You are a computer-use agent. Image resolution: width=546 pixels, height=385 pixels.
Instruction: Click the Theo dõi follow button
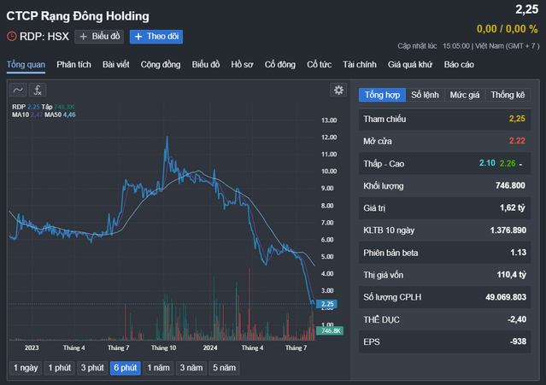(156, 37)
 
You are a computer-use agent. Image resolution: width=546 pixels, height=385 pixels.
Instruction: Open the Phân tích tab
(74, 64)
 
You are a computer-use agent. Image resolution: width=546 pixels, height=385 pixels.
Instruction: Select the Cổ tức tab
(319, 64)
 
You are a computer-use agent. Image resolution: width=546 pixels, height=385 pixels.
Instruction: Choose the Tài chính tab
(359, 64)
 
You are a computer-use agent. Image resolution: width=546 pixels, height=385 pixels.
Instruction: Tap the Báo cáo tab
(459, 64)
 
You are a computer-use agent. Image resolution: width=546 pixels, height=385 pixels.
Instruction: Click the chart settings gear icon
(338, 90)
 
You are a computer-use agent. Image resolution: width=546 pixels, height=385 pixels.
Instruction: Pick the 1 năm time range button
(158, 368)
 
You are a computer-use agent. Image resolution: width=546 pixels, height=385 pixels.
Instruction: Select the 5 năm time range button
(223, 368)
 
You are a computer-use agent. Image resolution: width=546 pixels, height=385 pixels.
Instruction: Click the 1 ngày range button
(26, 368)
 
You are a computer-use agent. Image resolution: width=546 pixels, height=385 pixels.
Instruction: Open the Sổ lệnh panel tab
(426, 95)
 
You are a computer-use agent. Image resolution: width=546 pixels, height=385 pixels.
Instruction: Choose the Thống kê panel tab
(508, 95)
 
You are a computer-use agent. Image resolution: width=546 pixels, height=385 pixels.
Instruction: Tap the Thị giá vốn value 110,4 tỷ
(506, 275)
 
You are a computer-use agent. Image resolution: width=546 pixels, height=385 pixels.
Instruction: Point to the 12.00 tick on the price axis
(329, 120)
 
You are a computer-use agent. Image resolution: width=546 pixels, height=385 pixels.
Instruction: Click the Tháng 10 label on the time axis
(162, 347)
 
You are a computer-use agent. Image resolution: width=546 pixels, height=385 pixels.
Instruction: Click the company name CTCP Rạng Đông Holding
(78, 16)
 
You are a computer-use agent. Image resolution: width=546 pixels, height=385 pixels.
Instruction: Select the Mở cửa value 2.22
(516, 141)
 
